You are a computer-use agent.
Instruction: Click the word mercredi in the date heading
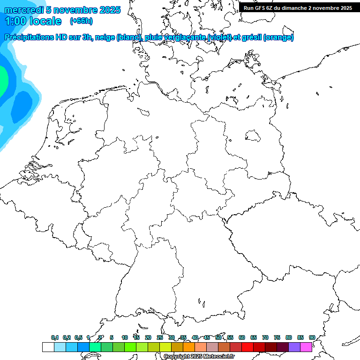[23, 10]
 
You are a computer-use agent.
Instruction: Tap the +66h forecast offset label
[81, 21]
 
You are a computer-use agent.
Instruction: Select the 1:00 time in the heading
[15, 21]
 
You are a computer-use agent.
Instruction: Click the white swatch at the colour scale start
[48, 347]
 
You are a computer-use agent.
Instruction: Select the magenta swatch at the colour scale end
[306, 347]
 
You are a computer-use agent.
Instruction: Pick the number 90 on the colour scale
[312, 337]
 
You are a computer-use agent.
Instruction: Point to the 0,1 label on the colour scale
[55, 337]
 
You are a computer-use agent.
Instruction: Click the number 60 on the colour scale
[242, 337]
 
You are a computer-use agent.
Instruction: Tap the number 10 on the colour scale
[125, 337]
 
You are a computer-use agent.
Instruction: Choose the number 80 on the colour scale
[289, 337]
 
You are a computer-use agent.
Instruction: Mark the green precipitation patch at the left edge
[2, 80]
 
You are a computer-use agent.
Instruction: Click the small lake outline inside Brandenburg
[254, 136]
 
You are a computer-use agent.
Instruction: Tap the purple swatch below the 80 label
[294, 347]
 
